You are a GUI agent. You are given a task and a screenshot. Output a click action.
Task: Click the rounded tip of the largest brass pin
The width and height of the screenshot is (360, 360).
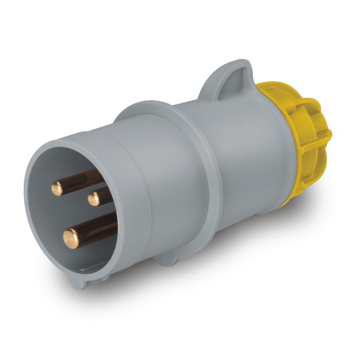click(71, 238)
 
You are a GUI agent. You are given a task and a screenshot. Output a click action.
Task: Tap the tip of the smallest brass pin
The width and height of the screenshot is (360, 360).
click(94, 198)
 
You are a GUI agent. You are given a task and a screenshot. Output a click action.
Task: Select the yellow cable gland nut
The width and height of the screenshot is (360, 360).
click(306, 135)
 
